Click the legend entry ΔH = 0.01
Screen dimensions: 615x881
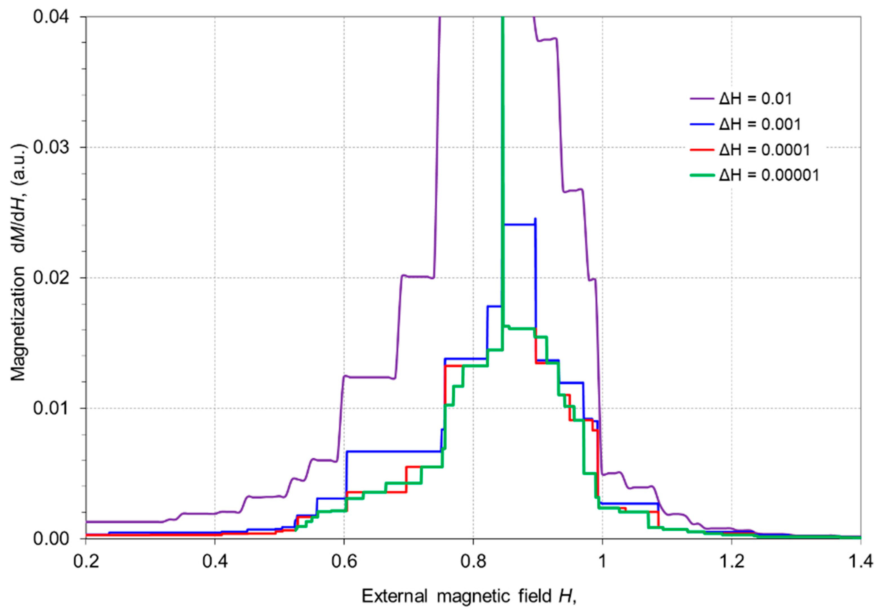click(755, 99)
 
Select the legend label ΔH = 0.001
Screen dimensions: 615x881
click(759, 124)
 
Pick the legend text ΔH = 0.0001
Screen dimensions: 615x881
click(764, 149)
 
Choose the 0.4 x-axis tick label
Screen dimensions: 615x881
click(215, 562)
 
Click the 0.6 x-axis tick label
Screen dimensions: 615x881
click(344, 562)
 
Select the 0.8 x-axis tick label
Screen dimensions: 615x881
click(473, 562)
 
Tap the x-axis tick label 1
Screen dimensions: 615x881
click(602, 562)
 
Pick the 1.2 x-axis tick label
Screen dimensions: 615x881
click(731, 562)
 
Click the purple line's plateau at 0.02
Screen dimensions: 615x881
click(416, 276)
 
